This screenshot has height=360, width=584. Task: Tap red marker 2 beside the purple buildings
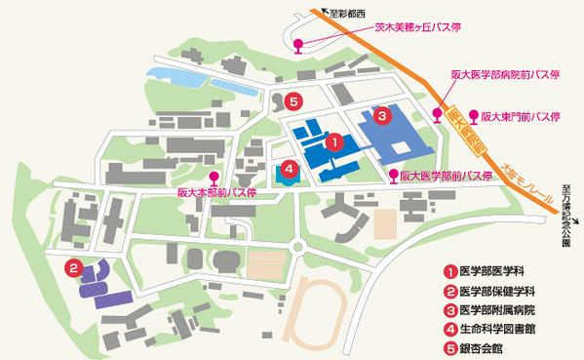point(72,266)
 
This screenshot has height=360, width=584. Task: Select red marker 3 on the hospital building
point(383,115)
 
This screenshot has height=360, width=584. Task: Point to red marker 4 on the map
point(289,168)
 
